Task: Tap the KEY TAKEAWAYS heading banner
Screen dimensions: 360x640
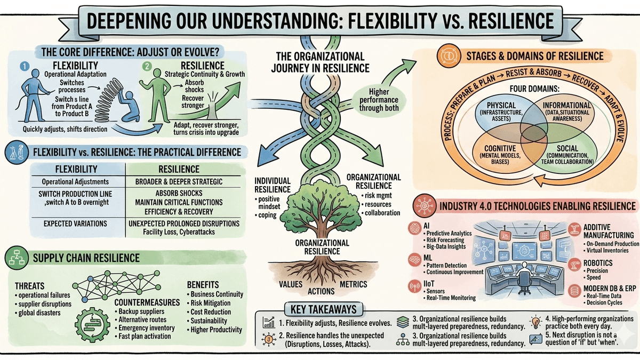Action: click(324, 309)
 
